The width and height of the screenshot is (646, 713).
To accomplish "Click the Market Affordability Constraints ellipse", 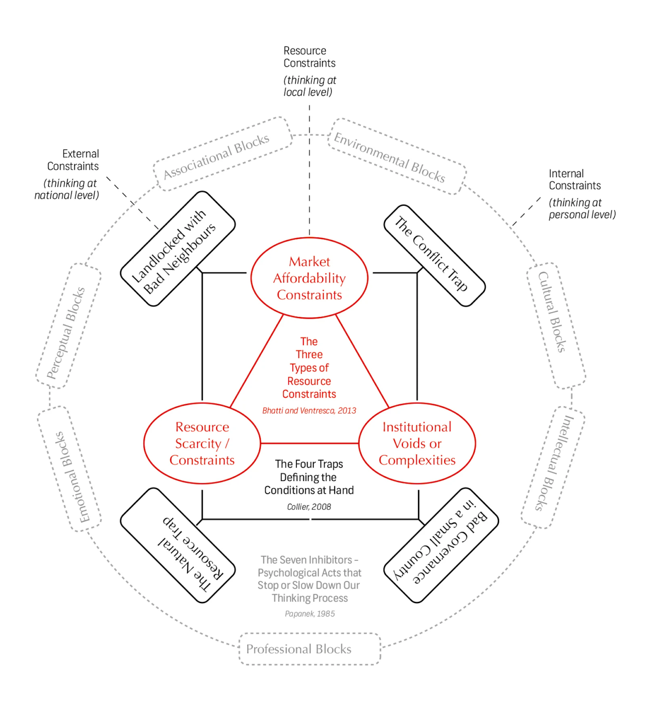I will [309, 278].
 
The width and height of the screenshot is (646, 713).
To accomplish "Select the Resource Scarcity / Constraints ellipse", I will [202, 443].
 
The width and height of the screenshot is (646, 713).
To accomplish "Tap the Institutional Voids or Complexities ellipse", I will [417, 443].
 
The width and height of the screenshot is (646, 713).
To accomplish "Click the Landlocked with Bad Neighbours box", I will [178, 249].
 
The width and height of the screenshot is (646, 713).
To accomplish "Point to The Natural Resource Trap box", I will [178, 545].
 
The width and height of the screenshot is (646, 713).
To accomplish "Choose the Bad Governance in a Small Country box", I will [441, 545].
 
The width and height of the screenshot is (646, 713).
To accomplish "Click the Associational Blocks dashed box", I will [222, 154].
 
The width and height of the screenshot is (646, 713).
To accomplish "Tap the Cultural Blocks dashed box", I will [556, 326].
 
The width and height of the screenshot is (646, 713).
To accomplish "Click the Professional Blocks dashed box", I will [310, 649].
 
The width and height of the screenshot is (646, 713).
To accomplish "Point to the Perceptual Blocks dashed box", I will [68, 326].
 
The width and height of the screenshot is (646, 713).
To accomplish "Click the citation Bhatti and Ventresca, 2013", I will [309, 411].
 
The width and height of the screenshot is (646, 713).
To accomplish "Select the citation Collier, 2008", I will [309, 507].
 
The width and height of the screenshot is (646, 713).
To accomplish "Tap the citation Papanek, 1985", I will [310, 614].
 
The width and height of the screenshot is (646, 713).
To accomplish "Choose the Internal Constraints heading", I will [574, 179].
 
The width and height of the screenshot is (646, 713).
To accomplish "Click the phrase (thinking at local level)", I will [310, 86].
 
